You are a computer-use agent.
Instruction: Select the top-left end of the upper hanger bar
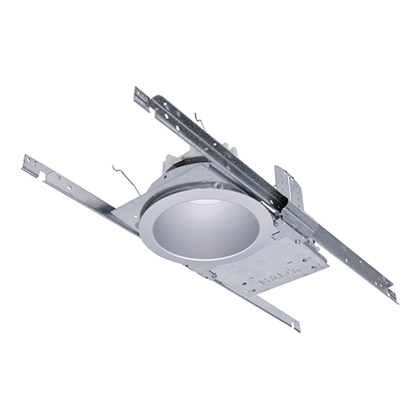(141, 95)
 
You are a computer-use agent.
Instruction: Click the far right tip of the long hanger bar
(392, 296)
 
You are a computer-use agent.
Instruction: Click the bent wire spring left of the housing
(124, 178)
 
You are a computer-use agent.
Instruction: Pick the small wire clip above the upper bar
(199, 121)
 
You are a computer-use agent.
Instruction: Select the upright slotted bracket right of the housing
(287, 185)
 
